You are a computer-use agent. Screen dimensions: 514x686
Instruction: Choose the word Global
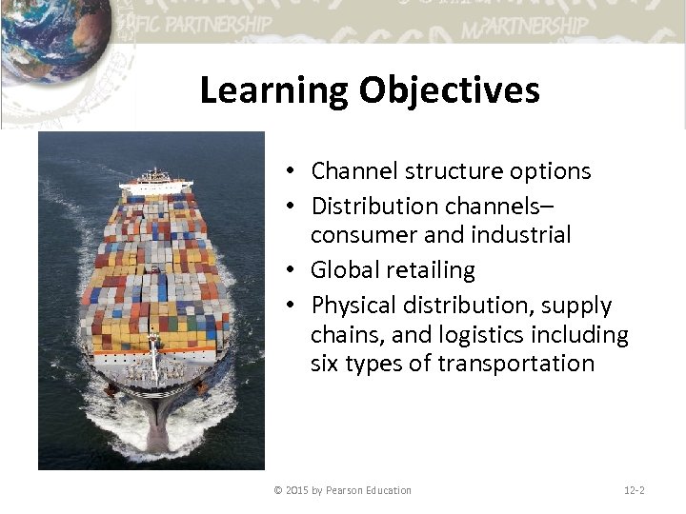click(344, 270)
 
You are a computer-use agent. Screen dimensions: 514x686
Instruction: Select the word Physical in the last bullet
click(352, 306)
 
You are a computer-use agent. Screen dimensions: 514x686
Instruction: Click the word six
click(326, 364)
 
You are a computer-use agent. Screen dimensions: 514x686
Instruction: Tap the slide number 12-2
click(634, 490)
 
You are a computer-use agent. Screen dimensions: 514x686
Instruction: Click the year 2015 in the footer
click(298, 490)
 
